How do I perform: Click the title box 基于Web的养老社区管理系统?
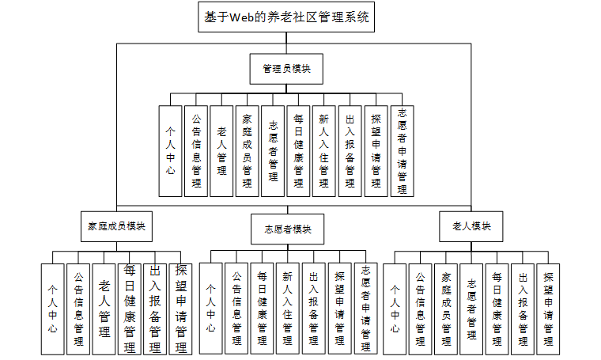click(x=286, y=17)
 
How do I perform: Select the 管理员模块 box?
click(x=286, y=69)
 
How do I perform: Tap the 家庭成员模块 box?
click(x=116, y=225)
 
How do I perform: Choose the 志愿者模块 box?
click(x=287, y=229)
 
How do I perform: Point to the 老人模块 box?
click(x=471, y=226)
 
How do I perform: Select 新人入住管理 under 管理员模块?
click(x=323, y=151)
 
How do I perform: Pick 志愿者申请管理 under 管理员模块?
click(x=402, y=151)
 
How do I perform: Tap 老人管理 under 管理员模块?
click(x=222, y=151)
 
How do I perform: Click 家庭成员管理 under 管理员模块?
click(x=247, y=151)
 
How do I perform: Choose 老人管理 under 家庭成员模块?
click(x=104, y=308)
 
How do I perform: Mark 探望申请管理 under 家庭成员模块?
click(x=180, y=308)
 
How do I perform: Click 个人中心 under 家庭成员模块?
click(x=52, y=308)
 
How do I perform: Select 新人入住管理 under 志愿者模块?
click(x=289, y=308)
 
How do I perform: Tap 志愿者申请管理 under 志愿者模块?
click(x=365, y=308)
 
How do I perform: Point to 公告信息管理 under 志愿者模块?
click(x=236, y=308)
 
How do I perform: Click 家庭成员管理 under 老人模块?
click(x=446, y=308)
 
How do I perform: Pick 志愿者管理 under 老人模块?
click(x=471, y=308)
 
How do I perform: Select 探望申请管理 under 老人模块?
click(x=547, y=308)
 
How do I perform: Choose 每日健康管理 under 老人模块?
click(x=497, y=308)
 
